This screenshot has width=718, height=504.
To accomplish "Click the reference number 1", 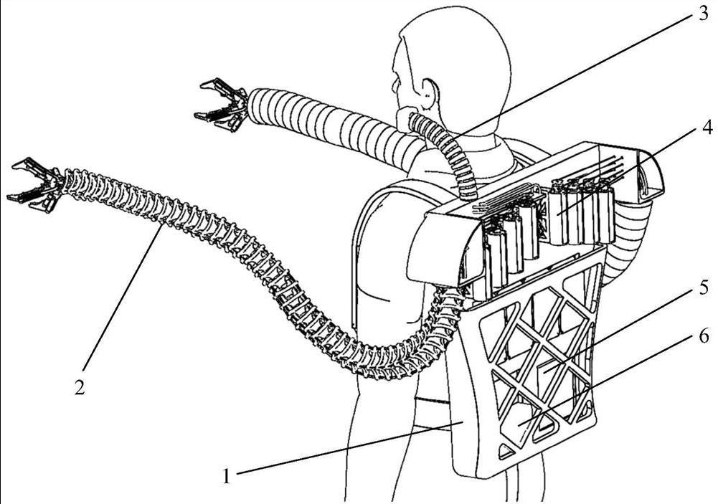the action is [227, 475].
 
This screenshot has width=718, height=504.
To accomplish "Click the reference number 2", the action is [80, 386].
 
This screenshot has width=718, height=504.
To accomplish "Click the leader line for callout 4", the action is [631, 165].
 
